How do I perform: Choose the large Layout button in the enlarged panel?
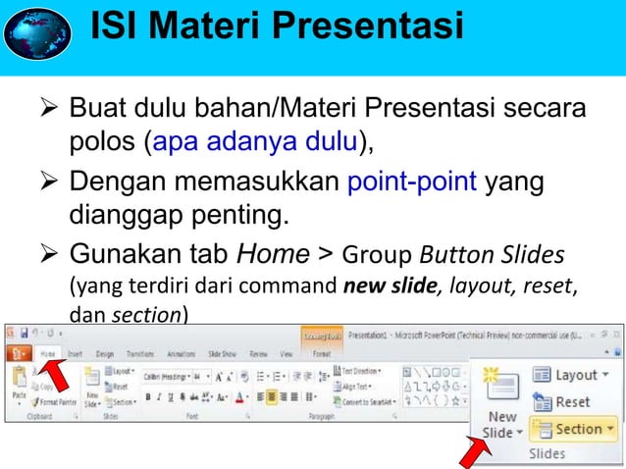(569, 374)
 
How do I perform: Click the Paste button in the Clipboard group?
(18, 388)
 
